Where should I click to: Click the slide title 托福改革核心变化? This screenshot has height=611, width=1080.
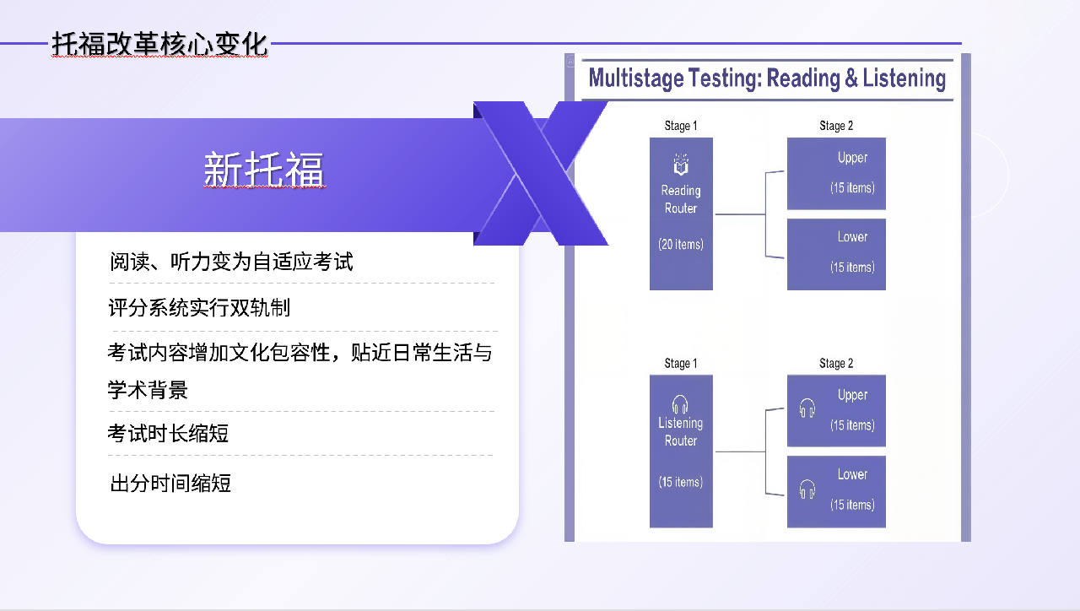(x=159, y=45)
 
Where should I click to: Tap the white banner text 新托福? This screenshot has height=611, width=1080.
(x=264, y=169)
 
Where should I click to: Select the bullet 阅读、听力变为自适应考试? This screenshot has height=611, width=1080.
(x=231, y=262)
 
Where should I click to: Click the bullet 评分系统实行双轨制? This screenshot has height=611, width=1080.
(x=199, y=308)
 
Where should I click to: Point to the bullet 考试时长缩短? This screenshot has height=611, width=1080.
(x=168, y=433)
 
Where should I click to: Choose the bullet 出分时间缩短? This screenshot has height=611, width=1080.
(x=170, y=484)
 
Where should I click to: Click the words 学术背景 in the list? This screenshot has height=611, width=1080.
(x=148, y=390)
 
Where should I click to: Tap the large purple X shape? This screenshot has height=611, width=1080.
(x=541, y=174)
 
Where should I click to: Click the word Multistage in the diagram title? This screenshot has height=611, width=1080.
(x=636, y=78)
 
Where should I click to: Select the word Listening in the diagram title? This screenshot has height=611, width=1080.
(x=904, y=78)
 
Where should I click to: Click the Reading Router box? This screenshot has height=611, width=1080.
(x=681, y=214)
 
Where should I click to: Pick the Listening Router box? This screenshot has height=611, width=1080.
(x=681, y=451)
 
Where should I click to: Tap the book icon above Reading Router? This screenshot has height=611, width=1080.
(x=681, y=164)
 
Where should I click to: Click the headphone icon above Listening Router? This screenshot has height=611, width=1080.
(x=680, y=404)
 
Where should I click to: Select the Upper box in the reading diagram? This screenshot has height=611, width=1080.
(x=836, y=174)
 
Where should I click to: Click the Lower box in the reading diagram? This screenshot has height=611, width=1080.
(x=836, y=254)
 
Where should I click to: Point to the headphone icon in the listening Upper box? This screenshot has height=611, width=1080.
(x=807, y=408)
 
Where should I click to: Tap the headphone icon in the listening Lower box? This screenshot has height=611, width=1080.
(x=807, y=489)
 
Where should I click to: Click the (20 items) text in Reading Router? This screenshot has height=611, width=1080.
(x=681, y=245)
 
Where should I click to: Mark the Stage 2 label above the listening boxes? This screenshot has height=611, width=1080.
(x=836, y=363)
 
